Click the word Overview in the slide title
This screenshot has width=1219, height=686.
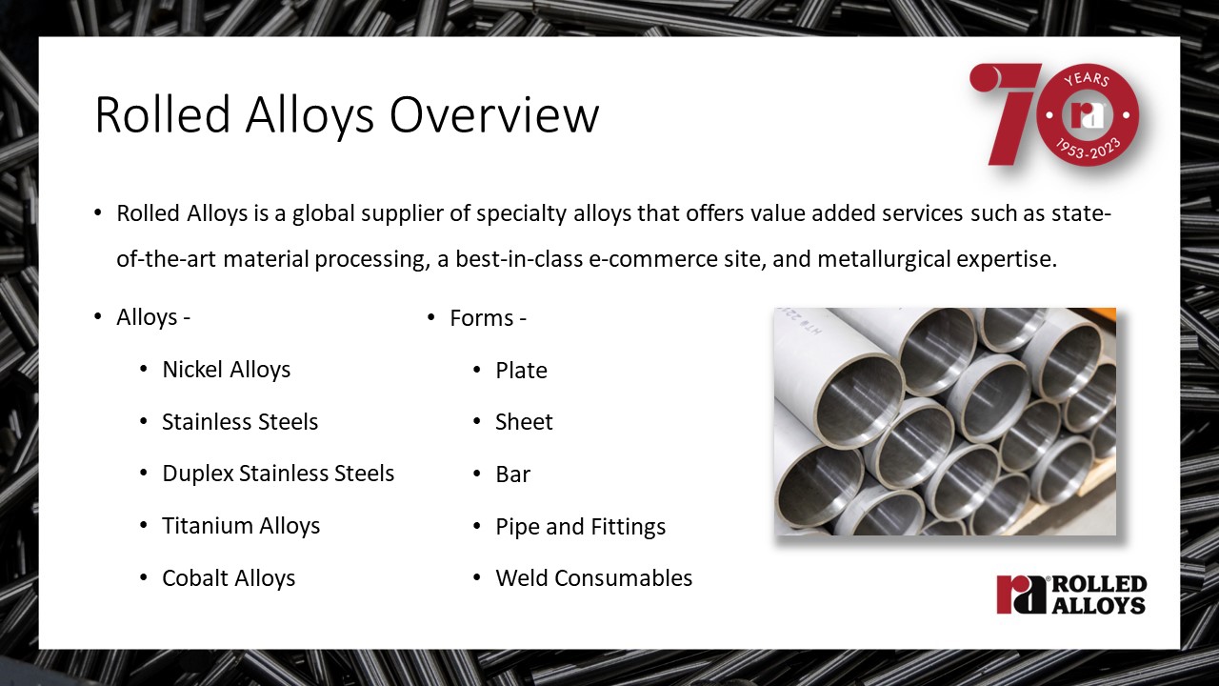(x=494, y=114)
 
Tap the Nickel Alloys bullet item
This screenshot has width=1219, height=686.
(x=227, y=370)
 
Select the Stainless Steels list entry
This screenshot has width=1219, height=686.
(x=240, y=422)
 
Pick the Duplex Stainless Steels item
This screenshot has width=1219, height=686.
(x=278, y=474)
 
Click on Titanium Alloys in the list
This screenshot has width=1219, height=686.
(x=241, y=526)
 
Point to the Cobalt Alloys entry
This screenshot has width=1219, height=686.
(x=229, y=578)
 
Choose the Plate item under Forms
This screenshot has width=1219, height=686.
(x=521, y=371)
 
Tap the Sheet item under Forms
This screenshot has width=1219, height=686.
(x=524, y=422)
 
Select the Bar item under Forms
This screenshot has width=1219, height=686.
(x=512, y=474)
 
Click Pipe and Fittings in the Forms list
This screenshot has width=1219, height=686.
(x=581, y=527)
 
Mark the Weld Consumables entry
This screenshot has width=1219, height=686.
(x=593, y=578)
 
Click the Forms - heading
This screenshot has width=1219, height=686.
(x=488, y=318)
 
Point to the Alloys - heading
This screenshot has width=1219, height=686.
(x=153, y=317)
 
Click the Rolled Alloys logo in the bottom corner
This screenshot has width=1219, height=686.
(x=1071, y=595)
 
